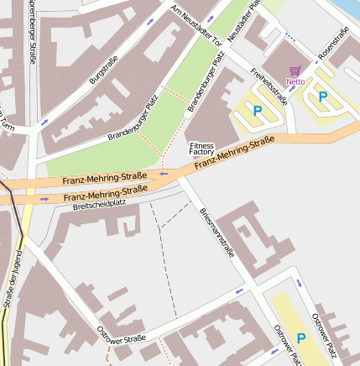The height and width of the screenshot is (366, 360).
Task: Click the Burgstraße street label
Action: [x=103, y=69]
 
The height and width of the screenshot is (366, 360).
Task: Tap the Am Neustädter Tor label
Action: [x=195, y=24]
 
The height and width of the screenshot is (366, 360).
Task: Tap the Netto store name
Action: [x=295, y=81]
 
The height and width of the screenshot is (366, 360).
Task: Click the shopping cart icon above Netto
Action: [x=295, y=71]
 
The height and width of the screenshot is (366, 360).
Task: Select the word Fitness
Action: [x=202, y=145]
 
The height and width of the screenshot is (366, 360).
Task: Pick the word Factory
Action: [x=202, y=153]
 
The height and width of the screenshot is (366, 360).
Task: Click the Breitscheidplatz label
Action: [x=99, y=203]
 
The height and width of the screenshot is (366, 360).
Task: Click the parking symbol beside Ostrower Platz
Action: [x=300, y=339]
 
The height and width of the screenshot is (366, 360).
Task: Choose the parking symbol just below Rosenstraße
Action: [x=323, y=97]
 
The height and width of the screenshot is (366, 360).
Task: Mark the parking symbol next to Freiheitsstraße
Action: [x=257, y=110]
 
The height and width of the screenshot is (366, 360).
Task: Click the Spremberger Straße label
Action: [x=32, y=34]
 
